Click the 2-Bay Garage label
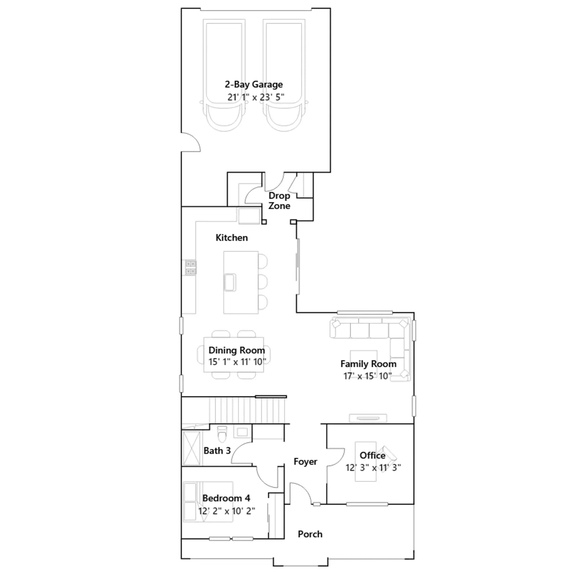pos(254,85)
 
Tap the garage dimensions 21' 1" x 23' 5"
pos(256,97)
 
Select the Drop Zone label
pos(279,201)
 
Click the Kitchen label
pos(231,238)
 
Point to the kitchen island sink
pos(230,282)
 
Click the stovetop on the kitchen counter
pos(191,267)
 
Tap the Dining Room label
pos(237,350)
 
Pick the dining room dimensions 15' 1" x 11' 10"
pos(237,362)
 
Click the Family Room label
pos(368,364)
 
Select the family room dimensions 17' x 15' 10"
pos(367,376)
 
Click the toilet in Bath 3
pos(222,434)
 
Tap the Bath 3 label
pos(217,451)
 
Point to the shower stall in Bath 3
pos(192,449)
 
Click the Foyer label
pos(305,462)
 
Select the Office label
pos(373,455)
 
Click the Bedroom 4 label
pos(226,498)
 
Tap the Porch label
pos(310,534)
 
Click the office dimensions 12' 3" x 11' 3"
pos(373,468)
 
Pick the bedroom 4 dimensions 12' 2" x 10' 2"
pos(226,511)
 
